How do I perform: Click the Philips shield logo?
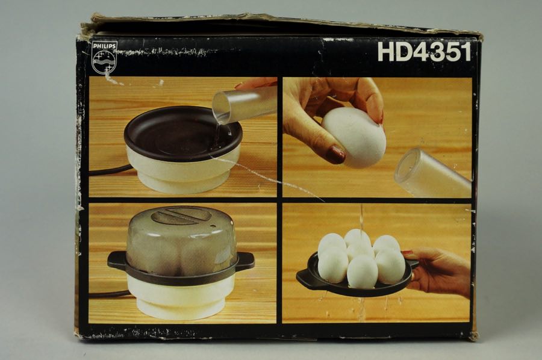click(x=105, y=62)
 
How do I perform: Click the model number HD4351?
click(x=424, y=52)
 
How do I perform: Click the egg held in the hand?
click(x=354, y=137)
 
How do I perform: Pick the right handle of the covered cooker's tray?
click(x=246, y=260)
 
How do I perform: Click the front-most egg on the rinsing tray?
click(x=362, y=272)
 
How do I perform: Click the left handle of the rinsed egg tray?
click(x=305, y=277)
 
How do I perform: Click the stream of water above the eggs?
click(x=361, y=219)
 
